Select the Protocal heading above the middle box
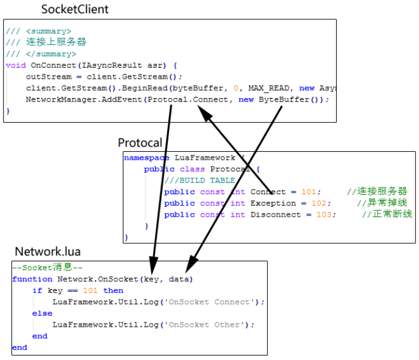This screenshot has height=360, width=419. pyautogui.click(x=140, y=143)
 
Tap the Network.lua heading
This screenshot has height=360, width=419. pyautogui.click(x=47, y=252)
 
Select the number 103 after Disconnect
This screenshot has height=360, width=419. pyautogui.click(x=325, y=215)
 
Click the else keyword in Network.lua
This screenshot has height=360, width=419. pyautogui.click(x=42, y=313)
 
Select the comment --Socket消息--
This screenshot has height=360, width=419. pyautogui.click(x=47, y=267)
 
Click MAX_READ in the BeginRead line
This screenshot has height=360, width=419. pyautogui.click(x=271, y=88)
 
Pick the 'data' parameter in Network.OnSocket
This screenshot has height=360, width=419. pyautogui.click(x=179, y=279)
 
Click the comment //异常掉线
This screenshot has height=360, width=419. pyautogui.click(x=381, y=203)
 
